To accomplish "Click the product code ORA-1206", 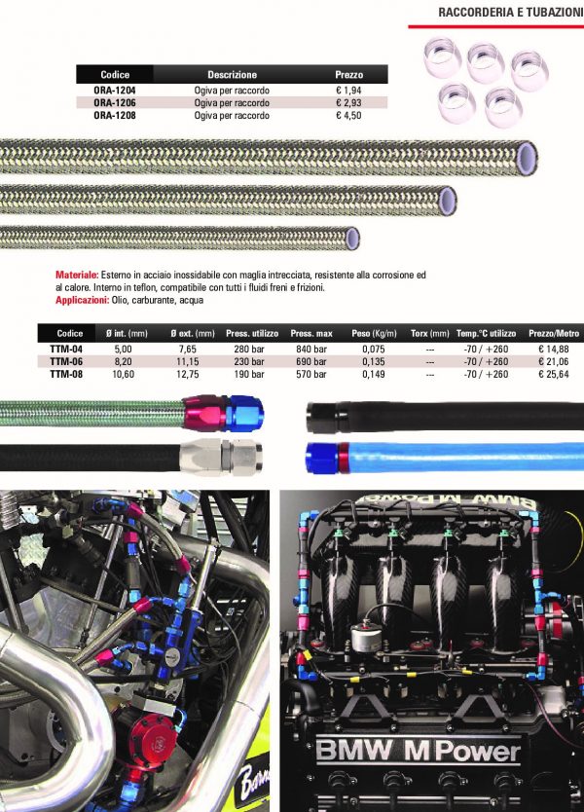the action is (115, 102).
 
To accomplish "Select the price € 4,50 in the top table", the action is (348, 115).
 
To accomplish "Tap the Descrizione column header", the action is (232, 75).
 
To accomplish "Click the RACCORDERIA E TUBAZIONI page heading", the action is (510, 12).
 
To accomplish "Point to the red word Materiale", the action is (77, 275).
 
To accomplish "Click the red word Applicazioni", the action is (83, 300).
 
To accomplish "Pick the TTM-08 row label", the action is (66, 374).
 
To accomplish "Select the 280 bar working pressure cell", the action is (249, 349).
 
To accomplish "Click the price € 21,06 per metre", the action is (554, 361).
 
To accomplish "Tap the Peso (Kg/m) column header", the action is (374, 334).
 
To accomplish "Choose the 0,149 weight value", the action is (374, 374).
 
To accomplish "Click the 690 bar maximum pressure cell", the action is (311, 361).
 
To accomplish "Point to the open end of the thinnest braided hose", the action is (352, 239).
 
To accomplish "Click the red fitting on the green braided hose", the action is (203, 413).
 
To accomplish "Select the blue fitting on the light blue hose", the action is (321, 458).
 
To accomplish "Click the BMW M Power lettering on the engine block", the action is (418, 751).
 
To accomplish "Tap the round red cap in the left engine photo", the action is (149, 738).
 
